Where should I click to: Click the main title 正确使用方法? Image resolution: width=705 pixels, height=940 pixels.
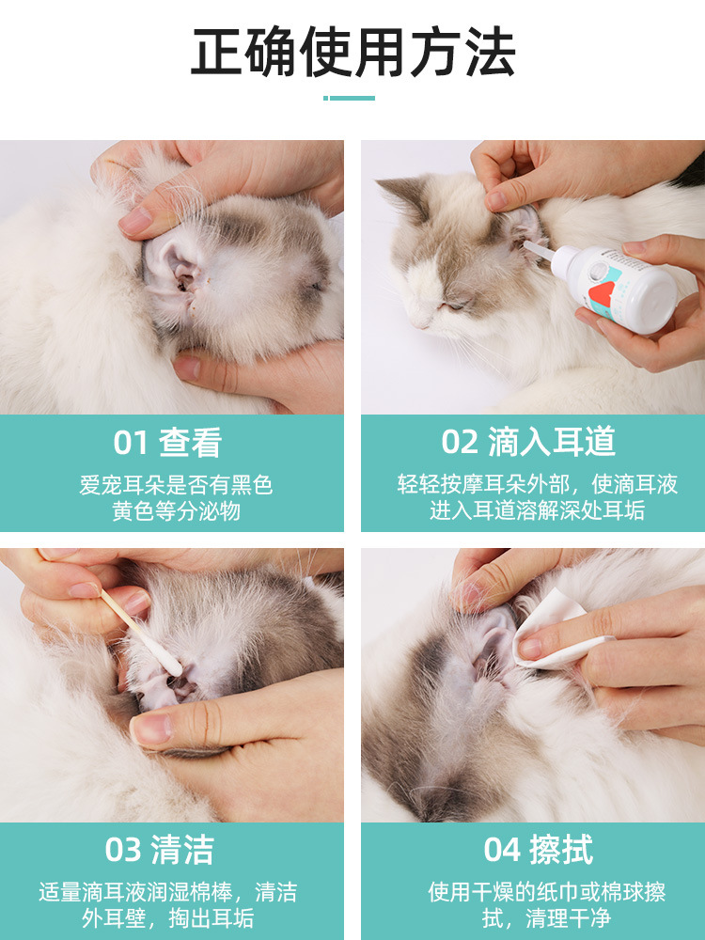pyautogui.click(x=352, y=52)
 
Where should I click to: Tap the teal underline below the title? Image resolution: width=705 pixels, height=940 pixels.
pyautogui.click(x=349, y=98)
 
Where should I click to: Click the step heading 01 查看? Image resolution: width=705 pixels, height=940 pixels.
pyautogui.click(x=168, y=443)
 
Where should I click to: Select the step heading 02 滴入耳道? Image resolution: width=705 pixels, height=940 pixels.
pyautogui.click(x=528, y=442)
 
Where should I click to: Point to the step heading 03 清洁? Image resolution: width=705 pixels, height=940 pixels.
pyautogui.click(x=160, y=850)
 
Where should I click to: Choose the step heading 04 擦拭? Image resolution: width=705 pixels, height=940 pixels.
pyautogui.click(x=539, y=850)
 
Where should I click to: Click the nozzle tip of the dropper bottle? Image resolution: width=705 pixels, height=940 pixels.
pyautogui.click(x=527, y=244)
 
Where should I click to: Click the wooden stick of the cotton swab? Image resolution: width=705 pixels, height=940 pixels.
pyautogui.click(x=132, y=623)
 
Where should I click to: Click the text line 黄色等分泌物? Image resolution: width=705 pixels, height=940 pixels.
pyautogui.click(x=177, y=510)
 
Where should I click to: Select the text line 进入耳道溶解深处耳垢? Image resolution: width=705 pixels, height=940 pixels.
pyautogui.click(x=537, y=510)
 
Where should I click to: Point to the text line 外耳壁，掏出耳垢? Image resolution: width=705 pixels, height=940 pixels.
pyautogui.click(x=167, y=917)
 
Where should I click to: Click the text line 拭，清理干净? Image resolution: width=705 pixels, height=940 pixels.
pyautogui.click(x=546, y=917)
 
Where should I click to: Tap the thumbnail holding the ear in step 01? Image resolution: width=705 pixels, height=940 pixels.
pyautogui.click(x=135, y=221)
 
